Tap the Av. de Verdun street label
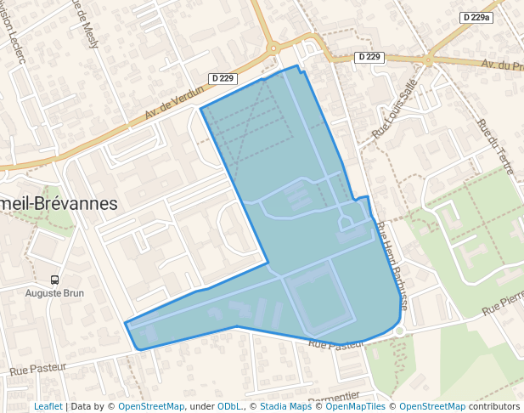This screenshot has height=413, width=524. click(x=175, y=101)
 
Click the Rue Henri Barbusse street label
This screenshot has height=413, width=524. click(x=392, y=264)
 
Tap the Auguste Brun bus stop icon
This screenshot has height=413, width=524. click(x=55, y=280)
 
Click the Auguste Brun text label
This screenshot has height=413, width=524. click(x=54, y=293)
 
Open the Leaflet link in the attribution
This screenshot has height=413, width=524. click(x=48, y=406)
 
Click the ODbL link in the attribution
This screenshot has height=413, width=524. click(x=232, y=406)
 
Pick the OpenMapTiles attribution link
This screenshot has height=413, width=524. click(x=356, y=406)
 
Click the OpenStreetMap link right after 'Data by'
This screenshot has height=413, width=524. click(x=151, y=406)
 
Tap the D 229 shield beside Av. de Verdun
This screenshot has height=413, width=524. click(x=222, y=78)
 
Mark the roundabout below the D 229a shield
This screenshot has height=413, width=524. click(x=428, y=59)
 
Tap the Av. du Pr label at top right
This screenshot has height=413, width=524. click(x=501, y=65)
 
